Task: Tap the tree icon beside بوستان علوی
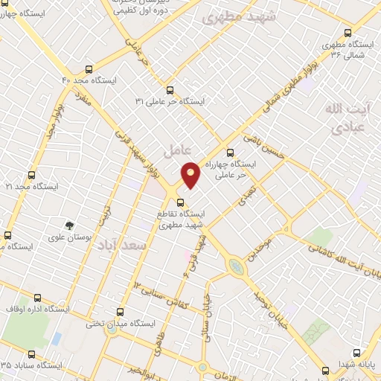[x=70, y=225]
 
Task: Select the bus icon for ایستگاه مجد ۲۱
[x=31, y=176]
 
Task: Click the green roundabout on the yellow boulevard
[x=236, y=266]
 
